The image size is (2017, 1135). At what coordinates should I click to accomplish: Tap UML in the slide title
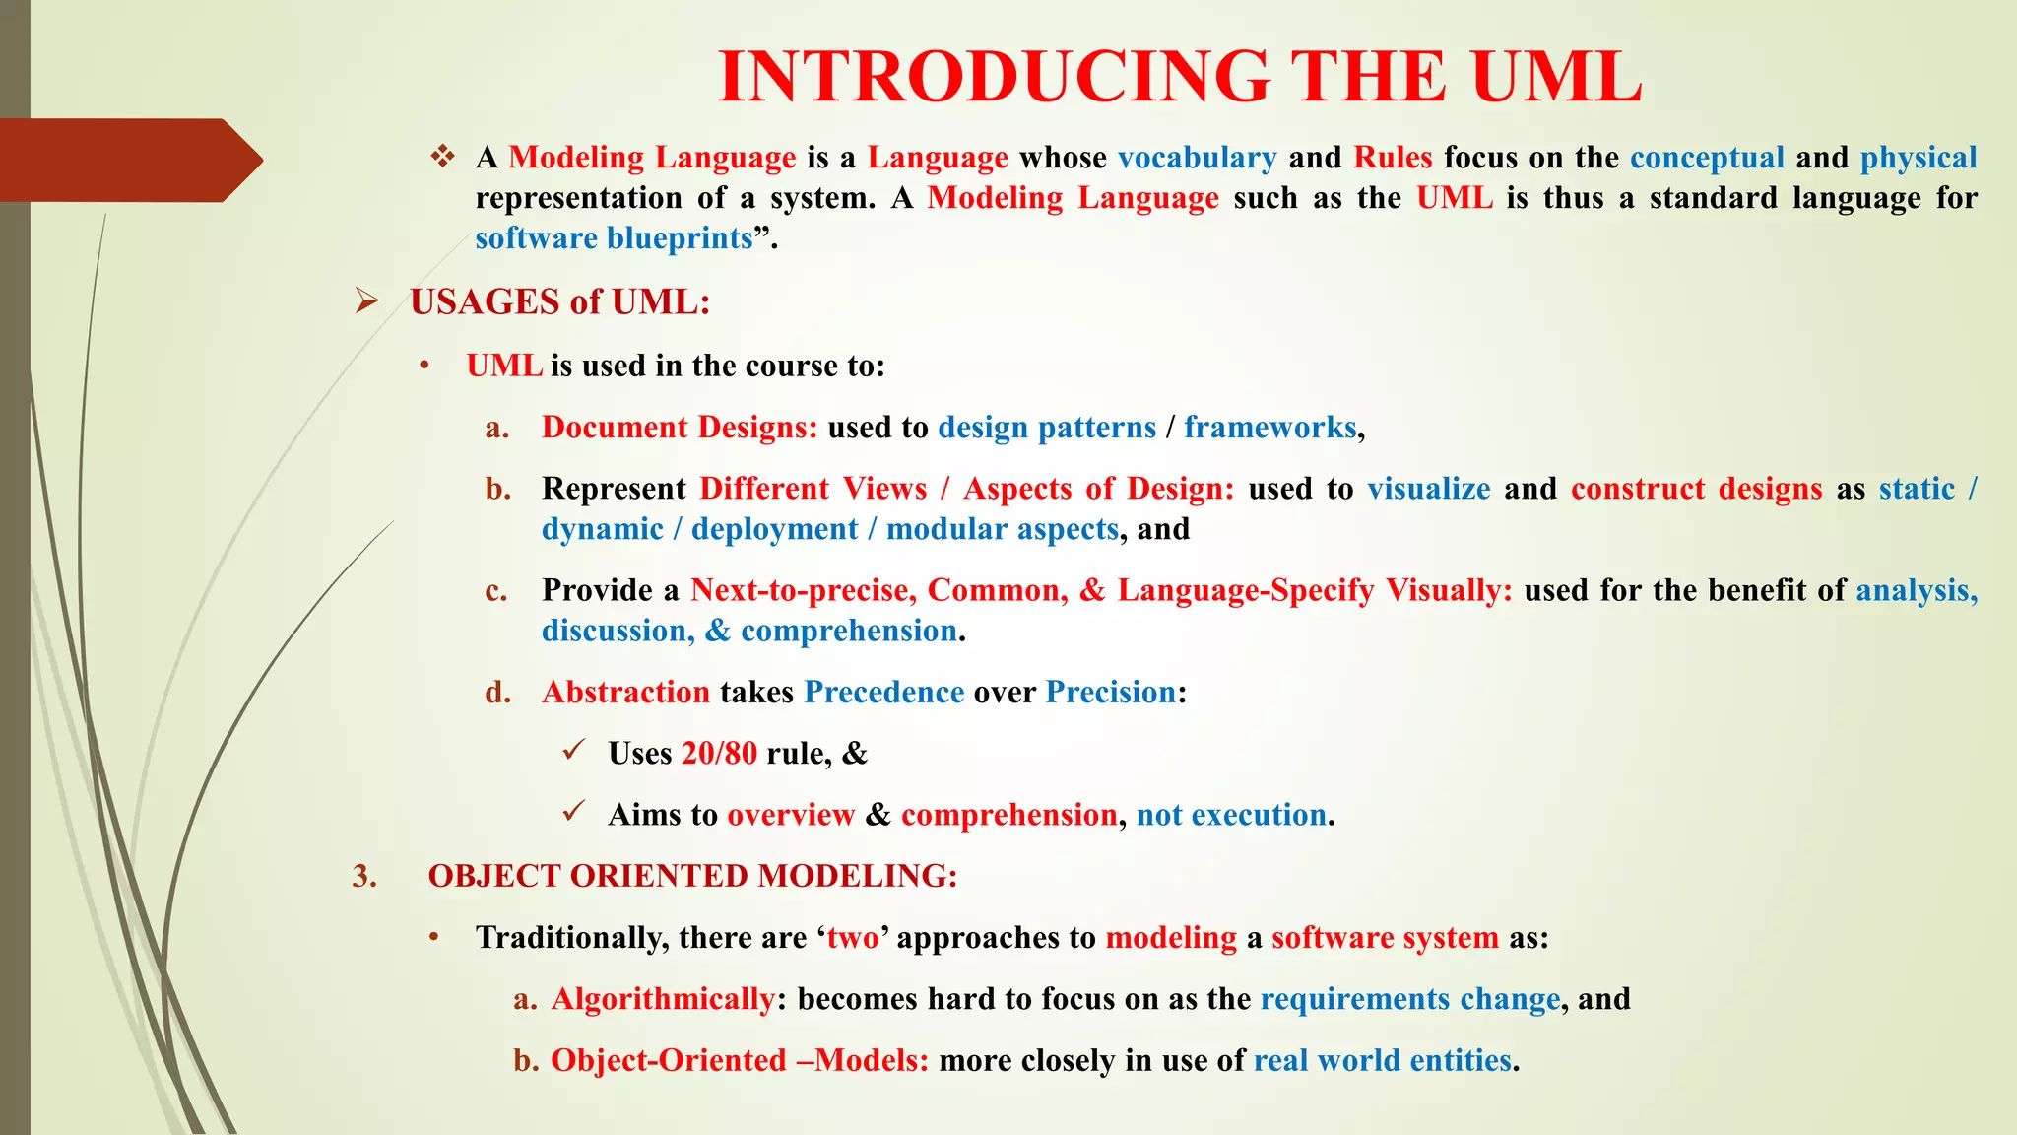point(1557,77)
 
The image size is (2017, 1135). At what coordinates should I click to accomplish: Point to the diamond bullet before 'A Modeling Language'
point(442,157)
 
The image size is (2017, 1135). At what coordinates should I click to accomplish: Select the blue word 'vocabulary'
point(1197,158)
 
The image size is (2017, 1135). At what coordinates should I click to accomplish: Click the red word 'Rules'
point(1393,158)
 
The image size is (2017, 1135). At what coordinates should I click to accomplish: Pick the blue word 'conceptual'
point(1707,158)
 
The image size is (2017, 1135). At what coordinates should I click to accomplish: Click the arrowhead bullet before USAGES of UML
point(367,301)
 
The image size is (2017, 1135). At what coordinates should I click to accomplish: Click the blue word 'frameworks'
point(1269,428)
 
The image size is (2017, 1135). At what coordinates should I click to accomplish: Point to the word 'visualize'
point(1428,489)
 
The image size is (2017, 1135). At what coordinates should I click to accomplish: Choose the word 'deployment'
point(774,529)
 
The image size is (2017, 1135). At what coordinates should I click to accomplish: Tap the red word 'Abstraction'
point(625,693)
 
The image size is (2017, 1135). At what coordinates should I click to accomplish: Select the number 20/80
point(719,754)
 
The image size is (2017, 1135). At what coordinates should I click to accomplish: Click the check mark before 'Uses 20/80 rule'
point(574,751)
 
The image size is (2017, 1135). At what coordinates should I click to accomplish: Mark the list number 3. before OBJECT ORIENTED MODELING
point(364,876)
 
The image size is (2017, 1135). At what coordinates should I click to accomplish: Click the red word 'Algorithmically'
point(663,999)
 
